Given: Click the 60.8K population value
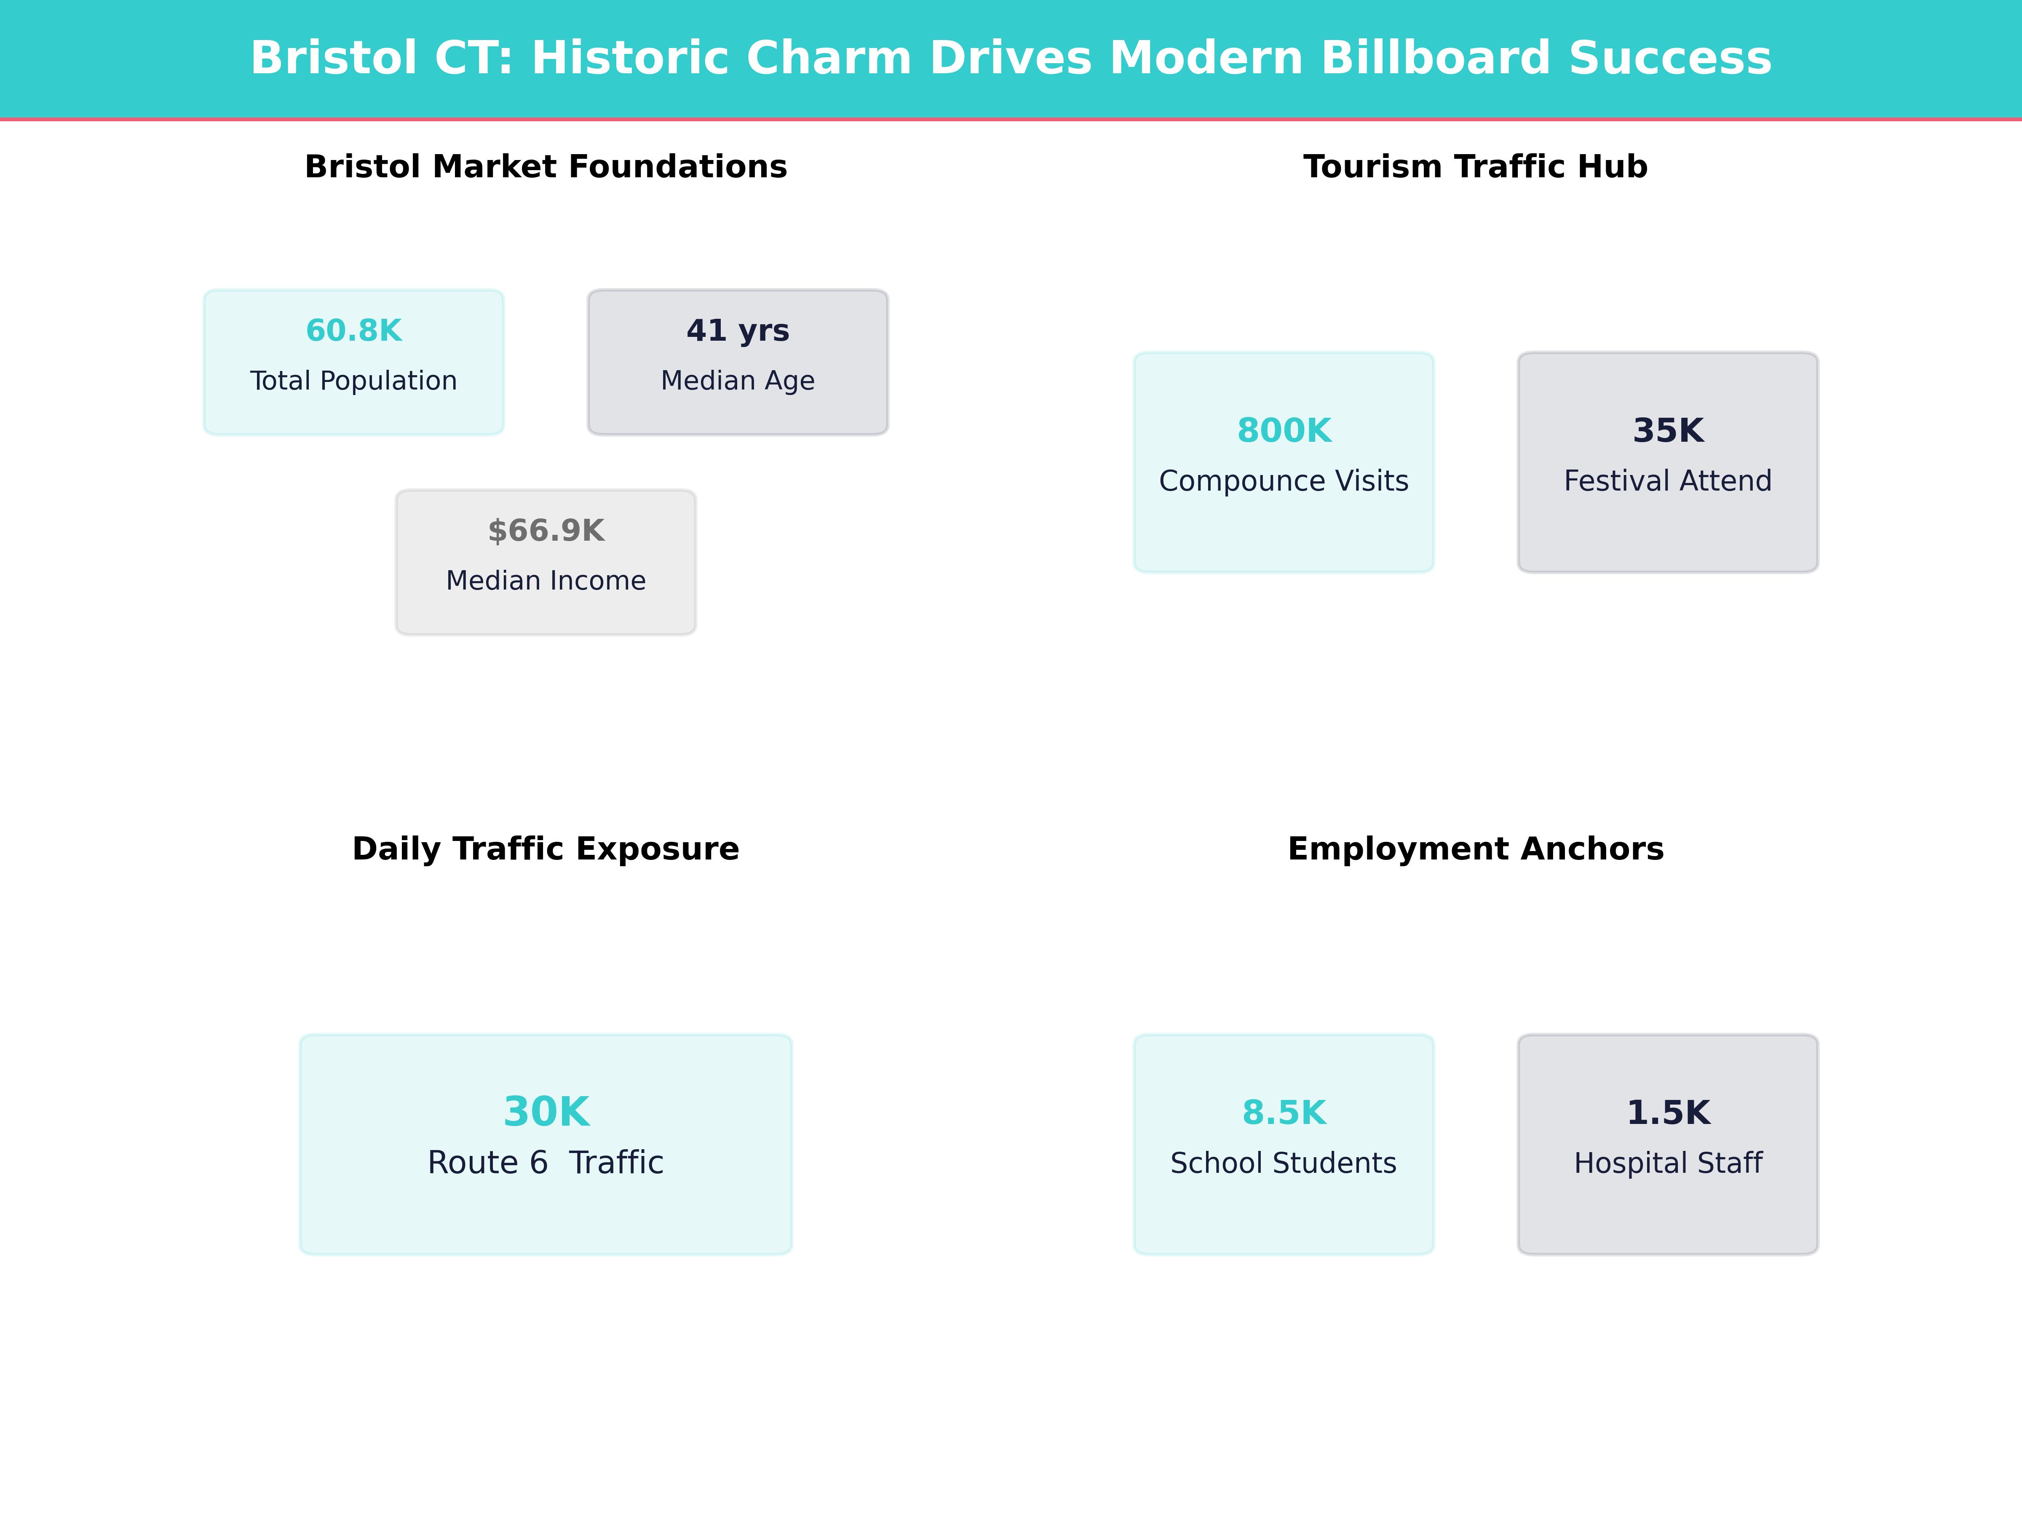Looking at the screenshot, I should click(x=354, y=331).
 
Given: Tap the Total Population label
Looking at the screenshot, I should click(x=354, y=381).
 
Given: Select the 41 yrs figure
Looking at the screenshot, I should click(x=738, y=331).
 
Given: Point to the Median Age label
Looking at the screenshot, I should click(x=738, y=381).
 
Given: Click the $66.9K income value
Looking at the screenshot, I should click(x=546, y=531).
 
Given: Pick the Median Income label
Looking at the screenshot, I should click(x=546, y=581).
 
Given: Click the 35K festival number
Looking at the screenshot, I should click(x=1668, y=430).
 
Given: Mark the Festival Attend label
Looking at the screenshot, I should click(x=1668, y=482).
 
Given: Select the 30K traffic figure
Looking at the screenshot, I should click(x=546, y=1112).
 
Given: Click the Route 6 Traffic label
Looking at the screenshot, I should click(x=546, y=1163).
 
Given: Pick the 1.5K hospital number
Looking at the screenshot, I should click(x=1668, y=1113).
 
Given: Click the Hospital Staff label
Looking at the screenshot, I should click(x=1668, y=1163).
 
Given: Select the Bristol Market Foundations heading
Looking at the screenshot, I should click(x=546, y=167).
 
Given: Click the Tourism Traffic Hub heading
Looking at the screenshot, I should click(x=1475, y=167).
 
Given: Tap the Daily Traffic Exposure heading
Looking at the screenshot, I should click(x=546, y=849).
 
